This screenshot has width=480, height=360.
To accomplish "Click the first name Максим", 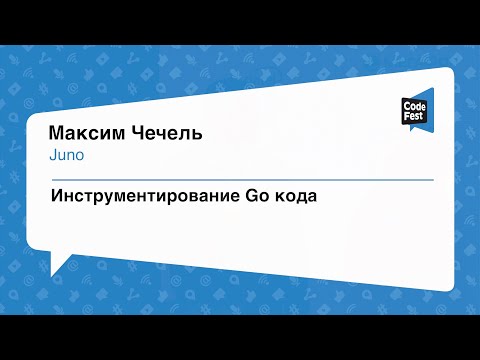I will click(84, 135).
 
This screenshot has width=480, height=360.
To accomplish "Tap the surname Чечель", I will click(162, 135).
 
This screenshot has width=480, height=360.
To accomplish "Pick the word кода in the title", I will click(295, 196).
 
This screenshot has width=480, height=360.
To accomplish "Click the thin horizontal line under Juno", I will click(240, 179).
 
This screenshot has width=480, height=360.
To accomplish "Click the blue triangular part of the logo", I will click(426, 96).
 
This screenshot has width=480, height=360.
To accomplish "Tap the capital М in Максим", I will click(56, 135).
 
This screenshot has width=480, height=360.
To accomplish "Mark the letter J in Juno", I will click(50, 155).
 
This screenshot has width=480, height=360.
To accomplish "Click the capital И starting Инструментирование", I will click(56, 196).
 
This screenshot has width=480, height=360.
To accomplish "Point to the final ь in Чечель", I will click(197, 136).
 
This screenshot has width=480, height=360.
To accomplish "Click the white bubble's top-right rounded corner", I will click(448, 74).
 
